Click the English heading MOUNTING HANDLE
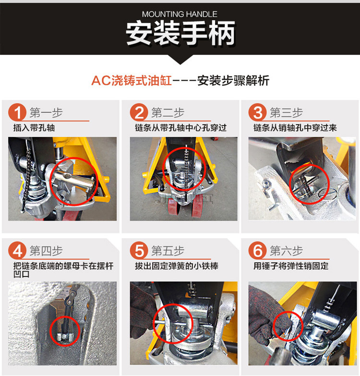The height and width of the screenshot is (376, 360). click(180, 14)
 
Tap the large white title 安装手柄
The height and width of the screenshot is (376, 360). click(180, 33)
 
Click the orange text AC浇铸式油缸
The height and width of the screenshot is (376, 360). click(132, 81)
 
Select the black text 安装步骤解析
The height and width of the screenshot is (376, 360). click(233, 81)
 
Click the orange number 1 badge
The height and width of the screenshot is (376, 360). click(17, 112)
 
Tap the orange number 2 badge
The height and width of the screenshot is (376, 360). click(139, 112)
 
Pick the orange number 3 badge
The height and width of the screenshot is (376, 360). click(258, 112)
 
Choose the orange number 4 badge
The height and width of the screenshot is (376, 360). click(17, 251)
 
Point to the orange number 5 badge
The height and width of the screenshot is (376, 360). click(139, 251)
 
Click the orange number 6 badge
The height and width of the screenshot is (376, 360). click(258, 251)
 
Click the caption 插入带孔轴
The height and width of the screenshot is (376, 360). click(34, 128)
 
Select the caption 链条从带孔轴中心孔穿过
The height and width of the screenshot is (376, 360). click(180, 128)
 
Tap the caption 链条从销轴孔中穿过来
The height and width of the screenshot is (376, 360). click(295, 128)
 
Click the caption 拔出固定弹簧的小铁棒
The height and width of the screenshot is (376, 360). click(177, 266)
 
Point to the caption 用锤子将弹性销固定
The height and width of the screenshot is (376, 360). click(291, 266)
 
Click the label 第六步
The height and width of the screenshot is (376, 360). click(287, 251)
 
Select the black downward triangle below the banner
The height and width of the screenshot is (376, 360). click(180, 59)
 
